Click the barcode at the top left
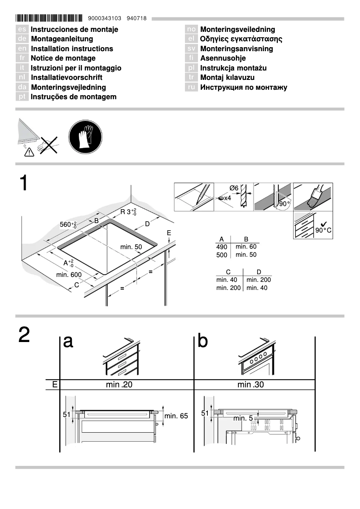pyautogui.click(x=49, y=18)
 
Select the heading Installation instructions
pyautogui.click(x=72, y=48)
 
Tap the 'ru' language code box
pyautogui.click(x=191, y=88)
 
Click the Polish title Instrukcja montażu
pyautogui.click(x=233, y=68)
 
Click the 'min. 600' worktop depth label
pyautogui.click(x=69, y=274)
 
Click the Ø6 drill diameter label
pyautogui.click(x=233, y=188)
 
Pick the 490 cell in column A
pyautogui.click(x=222, y=247)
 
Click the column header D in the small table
pyautogui.click(x=259, y=272)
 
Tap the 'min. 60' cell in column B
pyautogui.click(x=246, y=246)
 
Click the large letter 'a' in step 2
pyautogui.click(x=68, y=342)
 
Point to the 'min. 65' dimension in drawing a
pyautogui.click(x=176, y=416)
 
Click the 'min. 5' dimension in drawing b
pyautogui.click(x=242, y=418)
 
